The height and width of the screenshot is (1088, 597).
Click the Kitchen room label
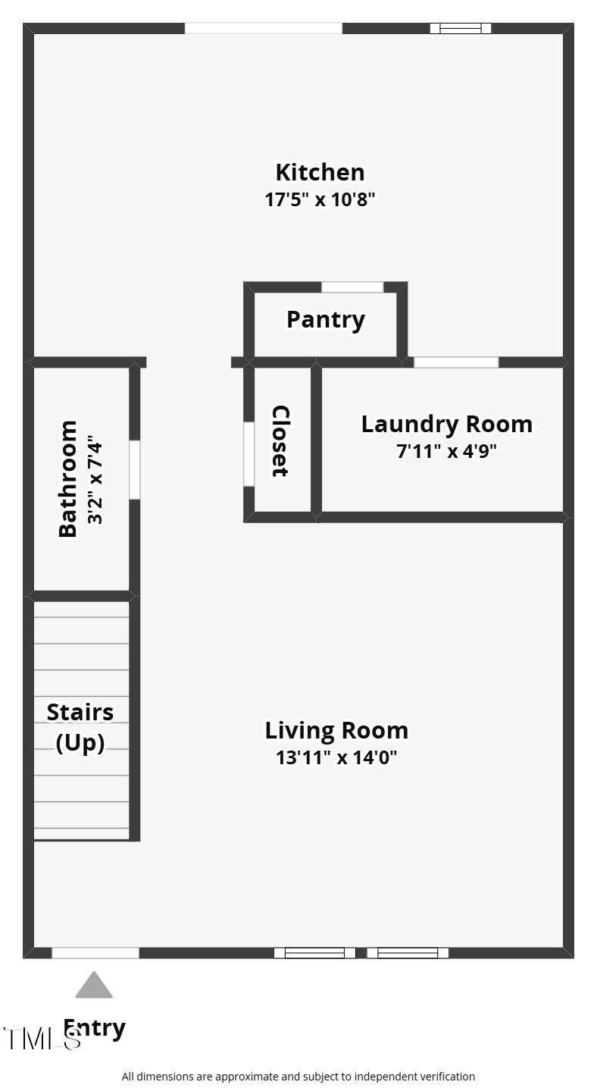tap(320, 172)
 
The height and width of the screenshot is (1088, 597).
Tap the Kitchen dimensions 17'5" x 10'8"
tap(320, 200)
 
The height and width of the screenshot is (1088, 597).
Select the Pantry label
tap(326, 319)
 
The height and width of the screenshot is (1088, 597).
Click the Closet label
tap(280, 441)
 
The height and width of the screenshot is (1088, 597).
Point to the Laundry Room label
tap(446, 424)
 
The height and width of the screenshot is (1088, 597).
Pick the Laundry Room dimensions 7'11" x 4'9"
tap(446, 452)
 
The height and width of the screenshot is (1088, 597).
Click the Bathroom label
tap(68, 478)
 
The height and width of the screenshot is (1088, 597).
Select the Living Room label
tap(336, 730)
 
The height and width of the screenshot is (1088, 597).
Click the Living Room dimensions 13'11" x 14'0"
tap(336, 757)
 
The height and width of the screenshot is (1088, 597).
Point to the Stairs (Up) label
tap(80, 727)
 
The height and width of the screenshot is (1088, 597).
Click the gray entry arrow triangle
tap(94, 986)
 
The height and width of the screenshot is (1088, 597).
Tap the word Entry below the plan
tap(95, 1028)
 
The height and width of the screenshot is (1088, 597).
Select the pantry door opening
tap(352, 287)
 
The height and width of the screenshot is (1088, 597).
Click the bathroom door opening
tap(134, 470)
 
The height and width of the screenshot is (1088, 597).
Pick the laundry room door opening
tap(456, 362)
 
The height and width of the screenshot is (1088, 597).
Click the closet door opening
tap(248, 454)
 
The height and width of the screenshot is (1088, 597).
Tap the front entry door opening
tap(95, 953)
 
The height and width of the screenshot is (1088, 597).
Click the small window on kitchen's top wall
tap(461, 29)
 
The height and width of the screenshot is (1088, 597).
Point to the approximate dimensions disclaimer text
tap(298, 1077)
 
